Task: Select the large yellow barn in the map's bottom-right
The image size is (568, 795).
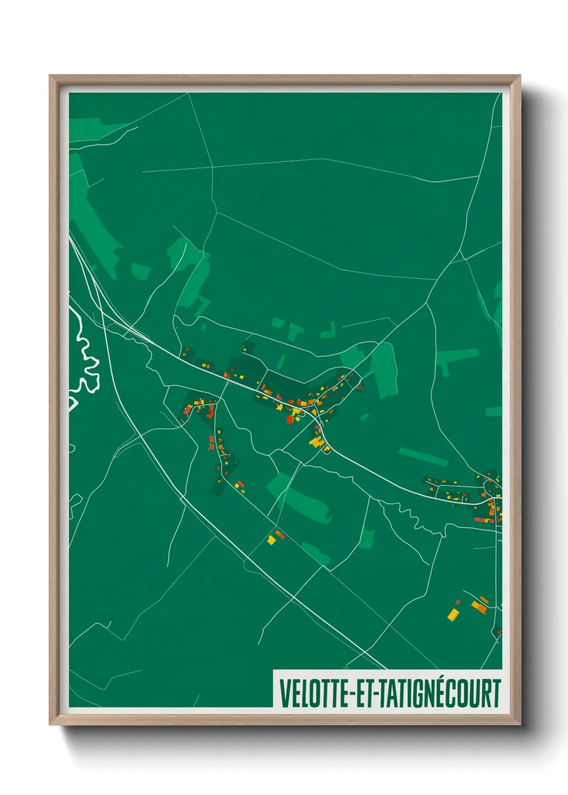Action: pyautogui.click(x=454, y=614)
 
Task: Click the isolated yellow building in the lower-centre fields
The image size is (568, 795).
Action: pyautogui.click(x=272, y=539)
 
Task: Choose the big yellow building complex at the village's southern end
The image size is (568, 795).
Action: pyautogui.click(x=316, y=442)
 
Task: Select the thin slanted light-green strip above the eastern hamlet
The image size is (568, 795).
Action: pyautogui.click(x=423, y=457)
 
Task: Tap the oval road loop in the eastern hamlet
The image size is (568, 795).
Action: pyautogui.click(x=489, y=486)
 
